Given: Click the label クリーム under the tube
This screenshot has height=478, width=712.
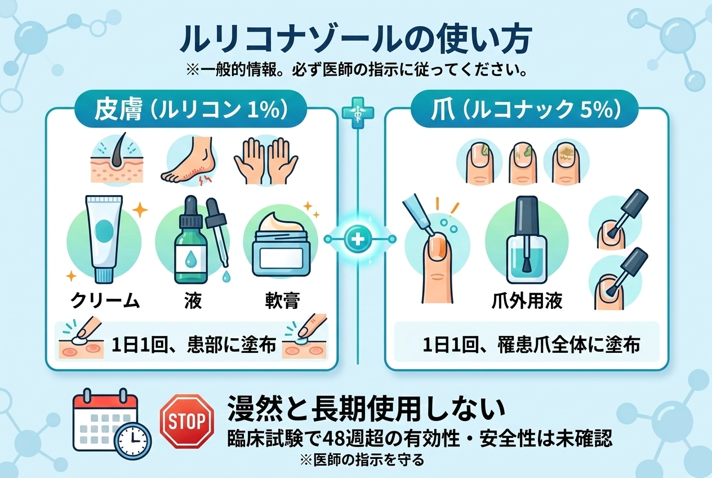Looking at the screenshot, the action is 105,301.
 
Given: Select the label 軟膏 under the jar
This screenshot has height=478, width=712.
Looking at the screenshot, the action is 282,301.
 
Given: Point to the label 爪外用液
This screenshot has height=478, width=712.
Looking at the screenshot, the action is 527,301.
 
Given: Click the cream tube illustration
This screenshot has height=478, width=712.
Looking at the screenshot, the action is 104,239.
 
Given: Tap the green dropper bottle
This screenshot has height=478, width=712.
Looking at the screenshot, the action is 191,240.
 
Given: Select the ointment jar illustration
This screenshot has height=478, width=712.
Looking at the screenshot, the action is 281,244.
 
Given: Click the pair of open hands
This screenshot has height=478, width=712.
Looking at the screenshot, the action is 266,161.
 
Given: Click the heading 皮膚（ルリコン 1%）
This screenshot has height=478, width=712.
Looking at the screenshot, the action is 191,110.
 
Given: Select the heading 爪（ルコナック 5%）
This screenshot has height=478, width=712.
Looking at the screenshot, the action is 525,110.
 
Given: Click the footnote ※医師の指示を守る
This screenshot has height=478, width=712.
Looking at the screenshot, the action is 362,460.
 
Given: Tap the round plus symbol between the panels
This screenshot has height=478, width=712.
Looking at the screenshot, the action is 358,239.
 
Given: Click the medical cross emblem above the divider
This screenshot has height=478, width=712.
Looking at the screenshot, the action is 358,113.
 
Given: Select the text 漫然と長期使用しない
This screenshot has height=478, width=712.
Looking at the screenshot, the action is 366,408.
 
